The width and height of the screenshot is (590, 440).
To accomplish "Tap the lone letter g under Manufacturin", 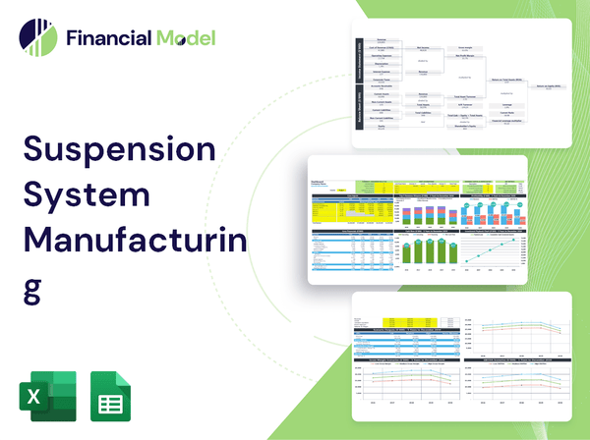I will click(x=32, y=285).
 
